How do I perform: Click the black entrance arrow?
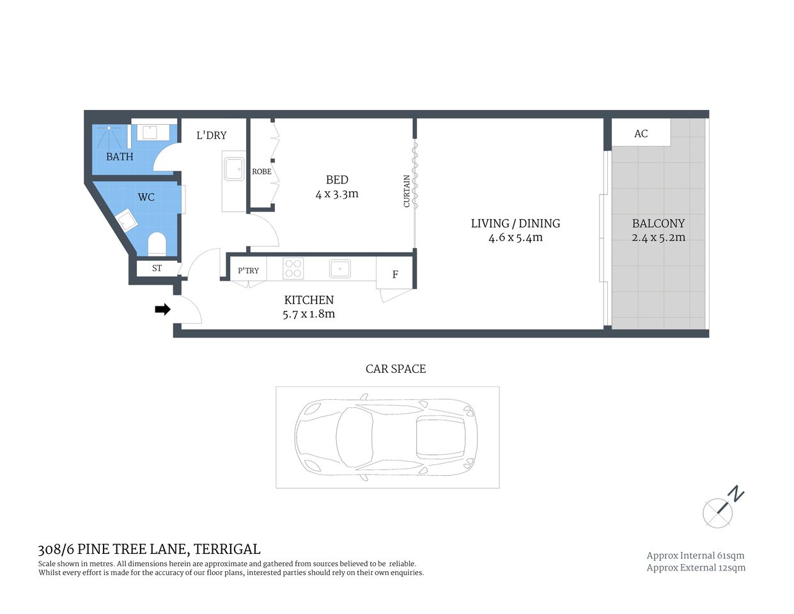coord(162,310)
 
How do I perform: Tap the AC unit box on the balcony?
coord(641,133)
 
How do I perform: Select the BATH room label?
coord(120,157)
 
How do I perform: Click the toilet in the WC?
coord(157,244)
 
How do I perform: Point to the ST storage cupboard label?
coord(157,269)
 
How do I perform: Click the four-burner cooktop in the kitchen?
coord(293,268)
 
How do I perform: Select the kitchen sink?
coord(340,269)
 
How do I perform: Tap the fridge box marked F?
coord(395,274)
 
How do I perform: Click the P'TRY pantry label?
coord(248,271)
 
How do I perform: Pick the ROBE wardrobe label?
coord(261,171)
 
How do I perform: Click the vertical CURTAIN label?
coord(407,191)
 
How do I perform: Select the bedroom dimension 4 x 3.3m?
coord(337,194)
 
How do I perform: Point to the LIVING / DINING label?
coord(515,223)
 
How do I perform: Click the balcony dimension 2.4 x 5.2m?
coord(658,237)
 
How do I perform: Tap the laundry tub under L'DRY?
coord(233,169)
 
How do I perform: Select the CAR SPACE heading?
coord(395,369)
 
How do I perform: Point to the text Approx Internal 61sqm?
coord(696,556)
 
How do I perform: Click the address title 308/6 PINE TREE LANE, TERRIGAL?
coord(150,549)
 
